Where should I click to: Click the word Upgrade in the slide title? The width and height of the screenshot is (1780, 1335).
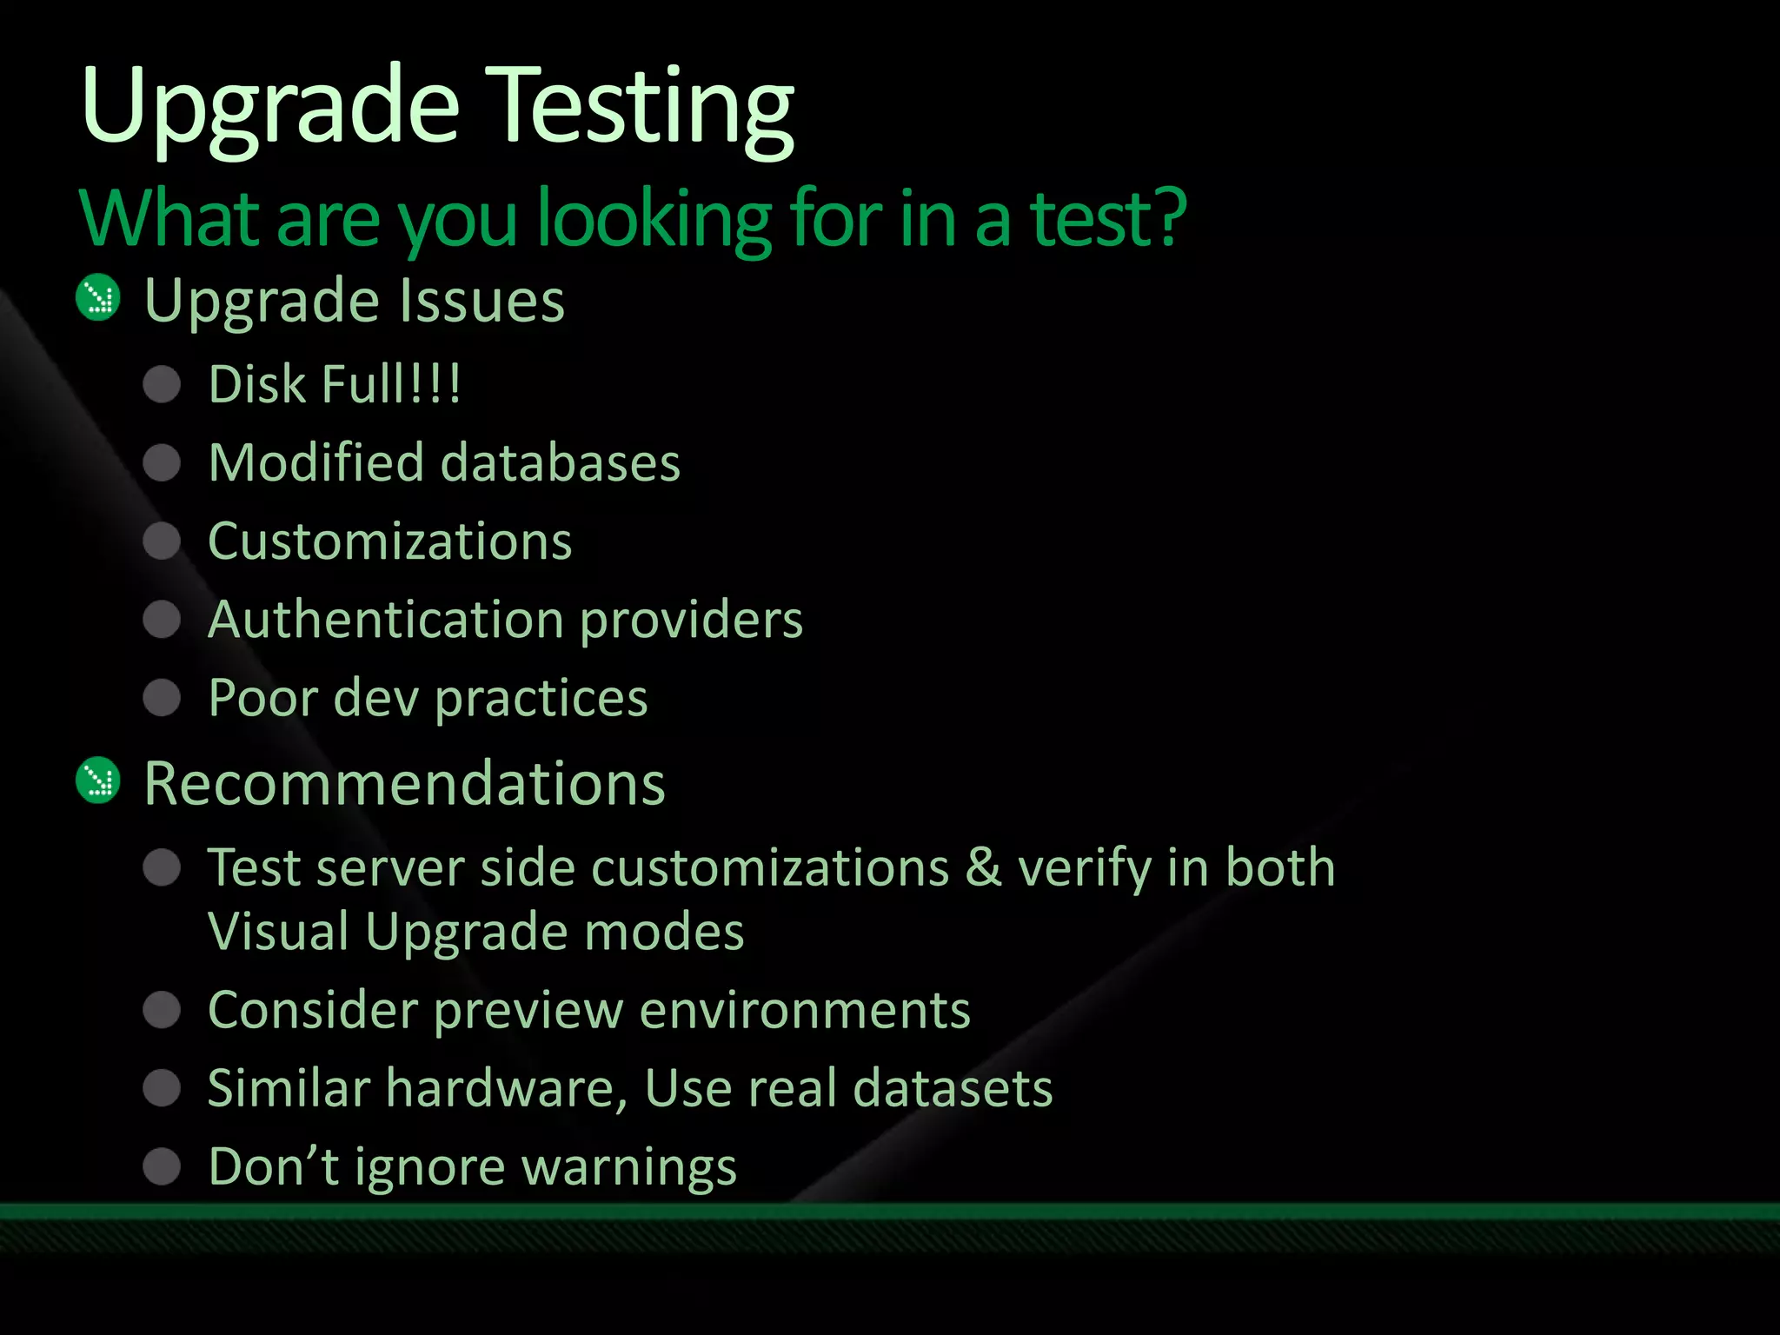(x=269, y=109)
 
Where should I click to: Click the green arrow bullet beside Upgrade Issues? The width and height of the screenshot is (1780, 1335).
(x=98, y=298)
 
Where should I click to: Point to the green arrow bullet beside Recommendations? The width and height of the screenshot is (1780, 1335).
(x=98, y=780)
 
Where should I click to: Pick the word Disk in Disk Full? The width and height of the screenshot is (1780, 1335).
(x=258, y=384)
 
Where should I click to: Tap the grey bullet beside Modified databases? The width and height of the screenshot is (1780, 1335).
(x=162, y=462)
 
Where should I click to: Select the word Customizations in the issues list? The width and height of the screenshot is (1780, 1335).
(x=390, y=541)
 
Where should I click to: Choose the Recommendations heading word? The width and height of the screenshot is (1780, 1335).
(x=404, y=783)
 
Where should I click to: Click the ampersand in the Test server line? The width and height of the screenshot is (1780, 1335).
(x=983, y=867)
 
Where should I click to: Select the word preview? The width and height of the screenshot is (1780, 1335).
(x=528, y=1011)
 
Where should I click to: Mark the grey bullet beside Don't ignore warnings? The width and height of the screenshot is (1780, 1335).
(x=162, y=1166)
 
